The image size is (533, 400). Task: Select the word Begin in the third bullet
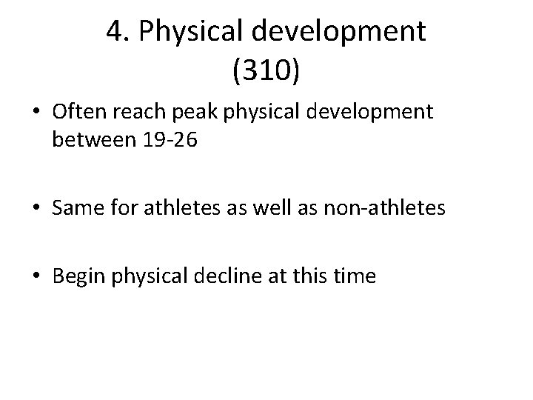click(x=78, y=278)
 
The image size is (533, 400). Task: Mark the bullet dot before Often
click(x=36, y=112)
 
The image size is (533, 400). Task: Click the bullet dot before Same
click(x=36, y=210)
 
